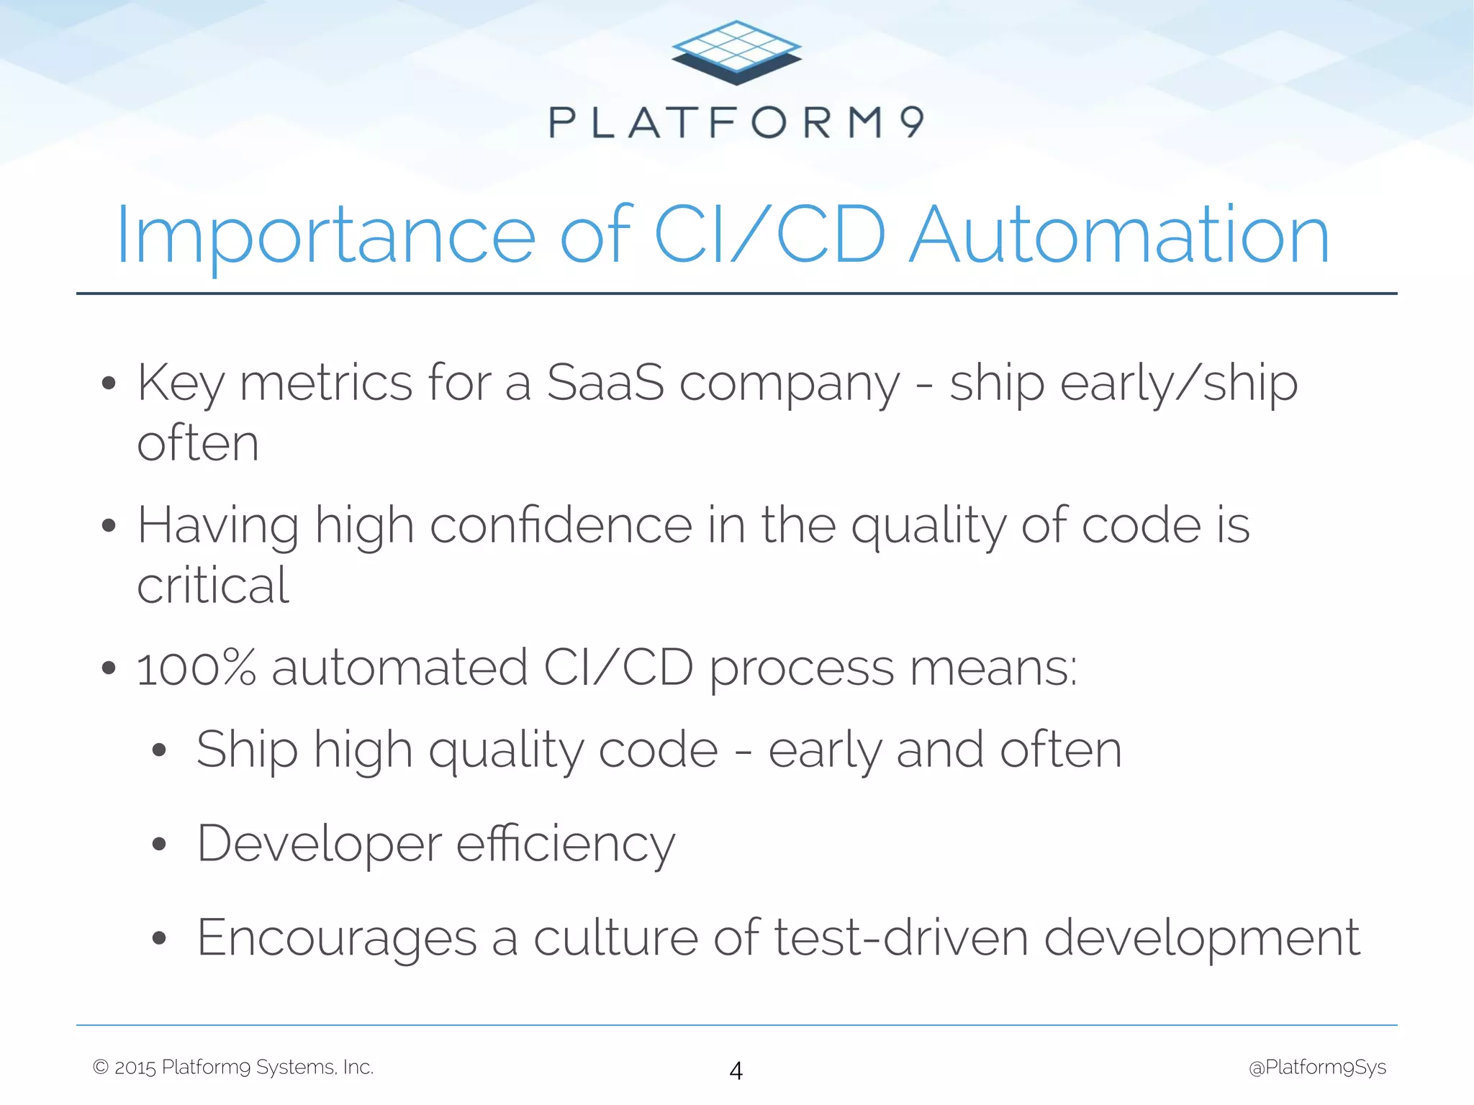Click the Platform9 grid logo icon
[736, 52]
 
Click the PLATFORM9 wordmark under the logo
[736, 122]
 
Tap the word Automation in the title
[1118, 236]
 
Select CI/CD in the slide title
[769, 236]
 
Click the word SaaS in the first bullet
[605, 383]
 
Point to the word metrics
[326, 383]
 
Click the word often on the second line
[198, 443]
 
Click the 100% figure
[196, 668]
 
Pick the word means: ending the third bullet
[993, 668]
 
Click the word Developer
[319, 843]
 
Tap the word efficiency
[566, 843]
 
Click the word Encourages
[337, 937]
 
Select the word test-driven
[900, 937]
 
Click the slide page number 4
[736, 1070]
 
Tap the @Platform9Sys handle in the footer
[1317, 1067]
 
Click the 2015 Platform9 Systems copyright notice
[233, 1067]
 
